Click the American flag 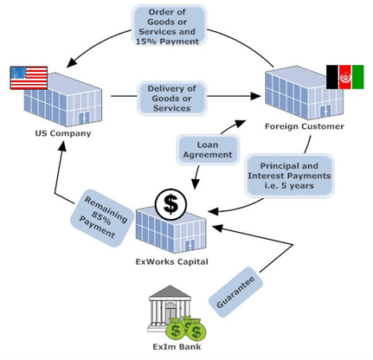pyautogui.click(x=29, y=78)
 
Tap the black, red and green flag pyautogui.click(x=345, y=77)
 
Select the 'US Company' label pyautogui.click(x=63, y=133)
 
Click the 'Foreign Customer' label pyautogui.click(x=305, y=126)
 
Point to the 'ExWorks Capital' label pyautogui.click(x=172, y=261)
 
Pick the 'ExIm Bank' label pyautogui.click(x=177, y=346)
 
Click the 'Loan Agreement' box pyautogui.click(x=208, y=150)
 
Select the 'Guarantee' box pyautogui.click(x=235, y=292)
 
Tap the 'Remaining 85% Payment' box pyautogui.click(x=101, y=218)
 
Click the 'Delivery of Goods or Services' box pyautogui.click(x=171, y=99)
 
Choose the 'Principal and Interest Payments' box pyautogui.click(x=289, y=176)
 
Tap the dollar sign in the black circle pyautogui.click(x=170, y=204)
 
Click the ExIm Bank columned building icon pyautogui.click(x=169, y=307)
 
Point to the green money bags pyautogui.click(x=187, y=329)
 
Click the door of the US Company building pyautogui.click(x=84, y=119)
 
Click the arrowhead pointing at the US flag pyautogui.click(x=71, y=62)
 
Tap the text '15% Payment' pyautogui.click(x=167, y=42)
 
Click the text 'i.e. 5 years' pyautogui.click(x=289, y=185)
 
